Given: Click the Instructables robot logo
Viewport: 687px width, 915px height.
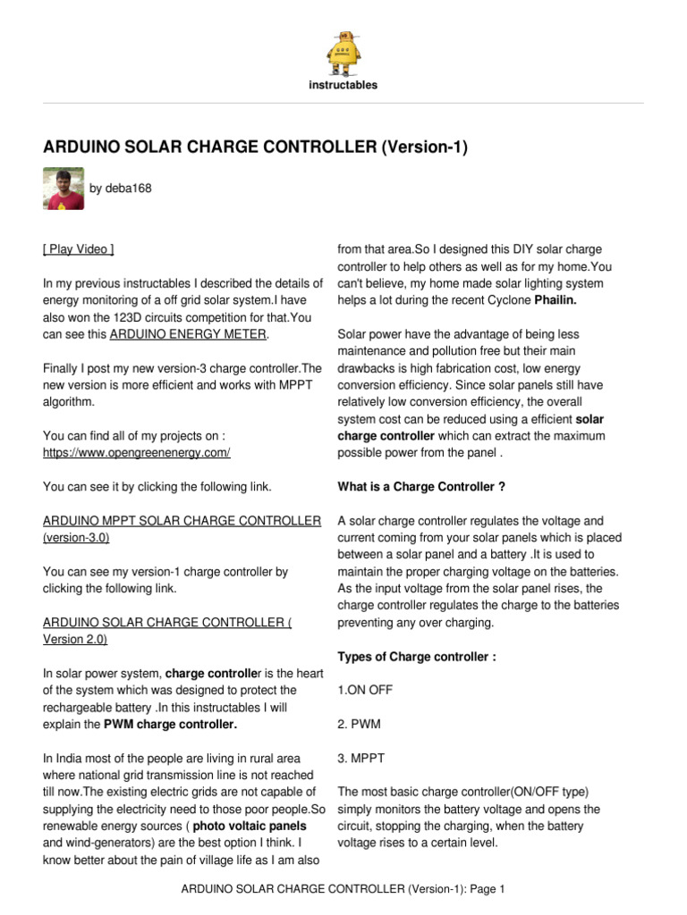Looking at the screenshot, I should pos(343,53).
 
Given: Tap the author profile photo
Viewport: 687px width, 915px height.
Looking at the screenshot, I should pos(64,189).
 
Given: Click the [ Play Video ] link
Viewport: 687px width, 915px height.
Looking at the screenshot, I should pos(79,249).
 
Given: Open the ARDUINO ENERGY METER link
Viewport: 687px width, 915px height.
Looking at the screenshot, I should pos(188,334).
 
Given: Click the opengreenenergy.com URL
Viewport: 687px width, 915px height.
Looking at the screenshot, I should pos(137,453).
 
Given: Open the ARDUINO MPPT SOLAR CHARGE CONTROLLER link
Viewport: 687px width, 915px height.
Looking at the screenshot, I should pos(182,521).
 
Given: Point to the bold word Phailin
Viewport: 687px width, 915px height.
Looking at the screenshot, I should pos(556,301).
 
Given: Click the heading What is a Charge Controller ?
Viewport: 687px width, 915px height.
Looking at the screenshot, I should pos(420,487).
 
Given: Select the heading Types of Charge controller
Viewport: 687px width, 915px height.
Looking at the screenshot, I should pos(417,657).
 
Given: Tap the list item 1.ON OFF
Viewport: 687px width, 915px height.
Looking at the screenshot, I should pos(365,691).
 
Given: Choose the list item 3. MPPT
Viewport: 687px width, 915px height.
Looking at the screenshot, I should pos(361,759).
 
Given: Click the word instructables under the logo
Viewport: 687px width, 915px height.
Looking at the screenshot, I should pos(343,86).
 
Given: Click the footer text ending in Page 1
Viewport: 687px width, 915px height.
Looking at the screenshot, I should pos(343,889).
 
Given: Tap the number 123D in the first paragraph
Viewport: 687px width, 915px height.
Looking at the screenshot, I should pos(128,317).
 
